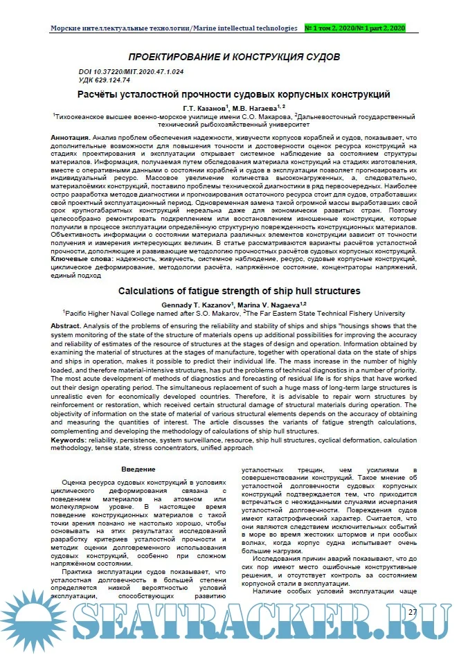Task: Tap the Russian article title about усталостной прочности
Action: [233, 93]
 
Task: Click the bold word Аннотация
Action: [70, 138]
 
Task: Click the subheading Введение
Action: [128, 470]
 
